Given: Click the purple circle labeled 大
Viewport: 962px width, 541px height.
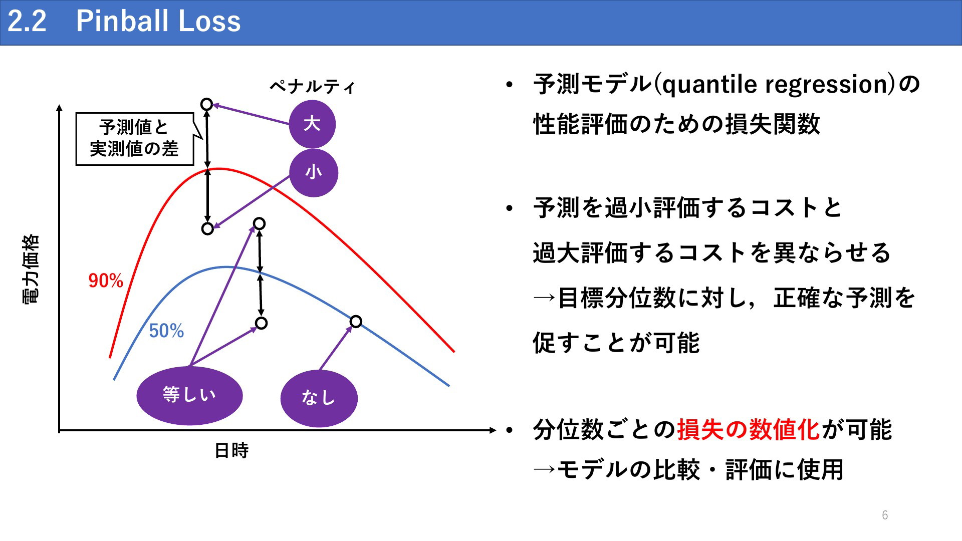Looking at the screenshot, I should [x=312, y=124].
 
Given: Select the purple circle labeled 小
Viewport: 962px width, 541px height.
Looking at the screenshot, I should [x=314, y=172].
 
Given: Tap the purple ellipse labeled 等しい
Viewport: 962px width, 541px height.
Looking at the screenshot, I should [x=189, y=395].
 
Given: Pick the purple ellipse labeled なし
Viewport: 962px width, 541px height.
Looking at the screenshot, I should [x=319, y=398].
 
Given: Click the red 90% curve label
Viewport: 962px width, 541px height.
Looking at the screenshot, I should [x=106, y=281].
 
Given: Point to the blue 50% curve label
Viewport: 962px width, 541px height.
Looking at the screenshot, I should [x=166, y=331].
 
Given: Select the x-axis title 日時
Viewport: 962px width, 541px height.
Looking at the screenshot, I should [x=231, y=451].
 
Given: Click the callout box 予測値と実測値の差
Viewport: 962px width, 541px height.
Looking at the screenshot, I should [x=134, y=139].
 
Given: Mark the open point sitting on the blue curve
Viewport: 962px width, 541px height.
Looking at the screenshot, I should [x=355, y=321].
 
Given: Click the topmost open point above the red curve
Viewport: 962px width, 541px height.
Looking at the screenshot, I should [x=206, y=104].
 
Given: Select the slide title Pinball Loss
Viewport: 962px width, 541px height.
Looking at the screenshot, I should [x=158, y=22].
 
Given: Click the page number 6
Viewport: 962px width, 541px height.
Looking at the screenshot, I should [x=885, y=515].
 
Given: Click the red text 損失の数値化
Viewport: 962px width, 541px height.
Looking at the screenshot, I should [x=749, y=430].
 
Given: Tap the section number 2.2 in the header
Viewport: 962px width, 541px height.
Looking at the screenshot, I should [x=27, y=22].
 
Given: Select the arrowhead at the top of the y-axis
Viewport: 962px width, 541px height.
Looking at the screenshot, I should [x=60, y=108].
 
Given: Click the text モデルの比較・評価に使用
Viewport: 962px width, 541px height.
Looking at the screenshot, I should [x=700, y=470].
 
